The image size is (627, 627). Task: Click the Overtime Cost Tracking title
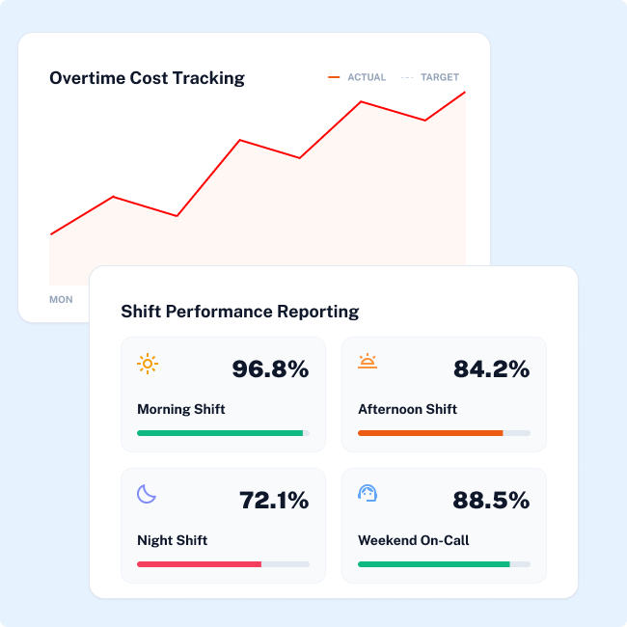147,78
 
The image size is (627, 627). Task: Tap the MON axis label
61,300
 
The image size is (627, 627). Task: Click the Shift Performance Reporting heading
239,312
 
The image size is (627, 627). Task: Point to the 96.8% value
270,368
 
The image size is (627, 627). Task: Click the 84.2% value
491,368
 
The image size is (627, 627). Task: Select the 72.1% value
274,500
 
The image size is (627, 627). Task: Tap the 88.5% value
491,500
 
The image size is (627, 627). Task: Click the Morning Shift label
181,409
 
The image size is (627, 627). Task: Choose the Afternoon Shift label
407,409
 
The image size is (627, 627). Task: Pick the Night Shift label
173,540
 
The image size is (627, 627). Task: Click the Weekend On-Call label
413,540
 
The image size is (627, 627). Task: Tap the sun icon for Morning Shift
148,364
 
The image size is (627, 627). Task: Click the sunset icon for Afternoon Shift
368,363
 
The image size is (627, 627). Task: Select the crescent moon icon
147,494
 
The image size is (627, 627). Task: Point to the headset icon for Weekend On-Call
368,494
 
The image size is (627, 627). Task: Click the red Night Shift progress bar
199,563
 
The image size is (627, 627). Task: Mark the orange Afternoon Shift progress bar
430,433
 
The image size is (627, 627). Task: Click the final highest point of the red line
465,93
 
